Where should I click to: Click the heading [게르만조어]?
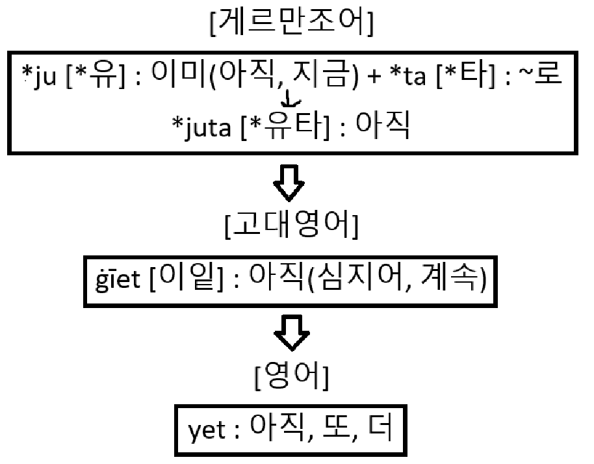tap(290, 25)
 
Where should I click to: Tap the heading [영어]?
tap(291, 377)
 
